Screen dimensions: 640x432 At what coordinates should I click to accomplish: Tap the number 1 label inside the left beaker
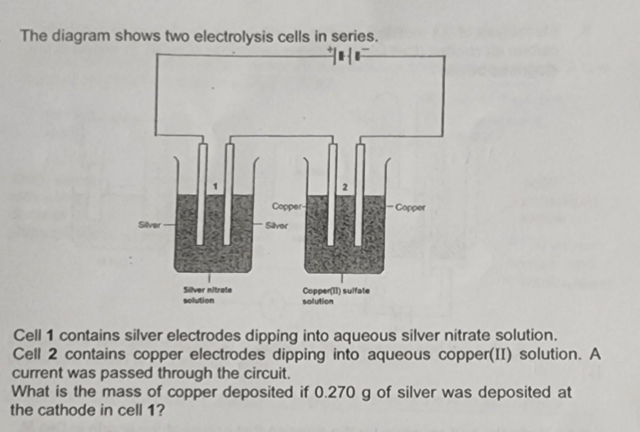(x=215, y=186)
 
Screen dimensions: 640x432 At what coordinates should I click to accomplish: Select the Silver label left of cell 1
(x=149, y=225)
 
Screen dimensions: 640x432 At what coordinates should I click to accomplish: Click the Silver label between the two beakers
(x=276, y=226)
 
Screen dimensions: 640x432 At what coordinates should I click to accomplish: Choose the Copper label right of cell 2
(x=410, y=207)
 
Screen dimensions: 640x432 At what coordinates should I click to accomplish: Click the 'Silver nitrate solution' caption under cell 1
(x=207, y=294)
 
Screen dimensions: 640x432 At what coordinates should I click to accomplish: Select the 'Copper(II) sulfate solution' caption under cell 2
(x=336, y=296)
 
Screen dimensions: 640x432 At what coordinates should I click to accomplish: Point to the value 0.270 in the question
(x=335, y=393)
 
